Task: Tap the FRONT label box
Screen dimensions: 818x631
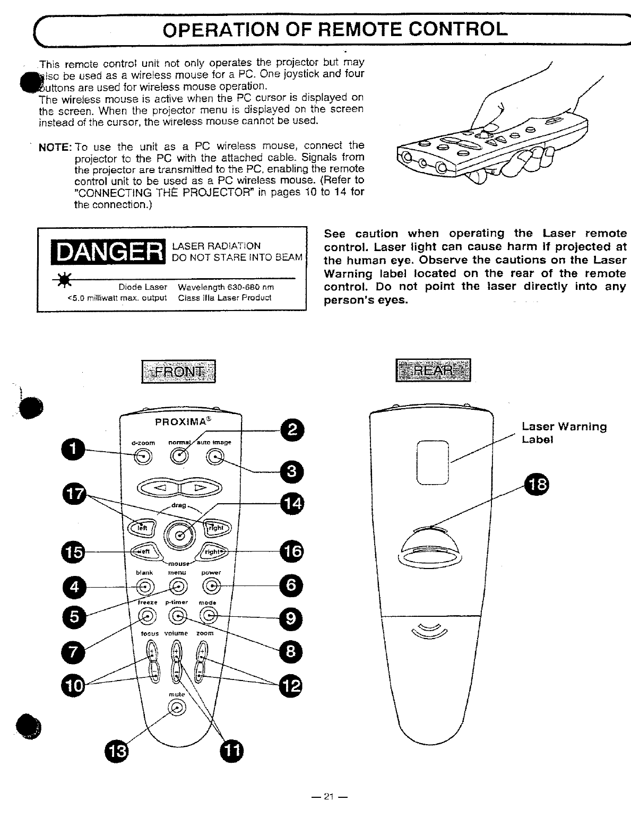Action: [x=178, y=371]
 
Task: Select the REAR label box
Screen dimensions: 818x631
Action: [x=433, y=370]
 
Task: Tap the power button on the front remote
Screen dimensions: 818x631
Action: [x=212, y=586]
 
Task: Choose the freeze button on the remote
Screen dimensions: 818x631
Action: [x=148, y=616]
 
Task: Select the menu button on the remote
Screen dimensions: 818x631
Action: [x=179, y=586]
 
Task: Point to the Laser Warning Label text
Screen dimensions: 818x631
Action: [x=564, y=433]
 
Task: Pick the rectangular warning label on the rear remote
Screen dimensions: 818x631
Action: [x=433, y=462]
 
